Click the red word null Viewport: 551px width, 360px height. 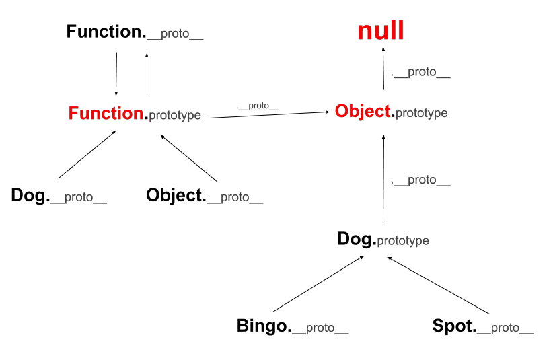pyautogui.click(x=381, y=30)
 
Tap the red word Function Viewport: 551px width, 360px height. pyautogui.click(x=106, y=113)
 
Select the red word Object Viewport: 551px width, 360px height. pyautogui.click(x=363, y=112)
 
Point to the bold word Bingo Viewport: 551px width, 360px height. pyautogui.click(x=262, y=326)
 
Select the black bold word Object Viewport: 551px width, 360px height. pyautogui.click(x=174, y=195)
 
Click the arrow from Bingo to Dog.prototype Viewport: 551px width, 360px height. pyautogui.click(x=318, y=284)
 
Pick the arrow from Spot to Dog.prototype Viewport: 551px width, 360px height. pyautogui.click(x=438, y=285)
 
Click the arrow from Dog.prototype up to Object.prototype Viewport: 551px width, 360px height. pyautogui.click(x=383, y=178)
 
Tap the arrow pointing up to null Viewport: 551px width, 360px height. pyautogui.click(x=383, y=68)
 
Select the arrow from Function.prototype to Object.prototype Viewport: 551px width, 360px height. pyautogui.click(x=269, y=115)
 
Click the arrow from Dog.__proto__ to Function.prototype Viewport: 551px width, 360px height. pyautogui.click(x=87, y=154)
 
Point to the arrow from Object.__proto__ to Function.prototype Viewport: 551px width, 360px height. pyautogui.click(x=189, y=158)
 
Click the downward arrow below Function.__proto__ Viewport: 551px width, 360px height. pyautogui.click(x=116, y=74)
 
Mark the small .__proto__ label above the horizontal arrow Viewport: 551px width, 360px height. pyautogui.click(x=258, y=106)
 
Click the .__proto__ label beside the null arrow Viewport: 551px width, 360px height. pyautogui.click(x=420, y=72)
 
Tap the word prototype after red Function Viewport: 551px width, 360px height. pyautogui.click(x=175, y=115)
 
